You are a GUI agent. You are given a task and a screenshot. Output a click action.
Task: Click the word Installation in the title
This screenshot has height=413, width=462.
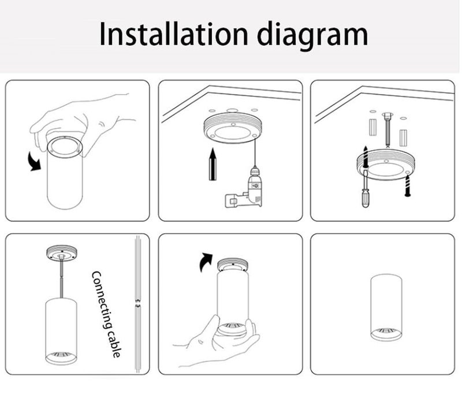click(174, 34)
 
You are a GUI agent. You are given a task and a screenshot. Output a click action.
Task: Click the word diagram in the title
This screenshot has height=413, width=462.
click(312, 36)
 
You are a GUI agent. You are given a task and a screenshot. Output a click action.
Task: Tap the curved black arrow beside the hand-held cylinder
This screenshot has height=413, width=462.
click(34, 162)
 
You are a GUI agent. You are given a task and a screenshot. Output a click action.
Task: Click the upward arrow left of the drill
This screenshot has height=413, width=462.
click(213, 165)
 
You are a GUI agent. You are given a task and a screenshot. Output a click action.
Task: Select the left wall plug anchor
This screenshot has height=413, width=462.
click(373, 127)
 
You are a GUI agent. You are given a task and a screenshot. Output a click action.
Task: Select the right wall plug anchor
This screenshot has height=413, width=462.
click(403, 138)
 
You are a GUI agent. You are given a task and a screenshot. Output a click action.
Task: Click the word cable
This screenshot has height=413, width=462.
click(115, 344)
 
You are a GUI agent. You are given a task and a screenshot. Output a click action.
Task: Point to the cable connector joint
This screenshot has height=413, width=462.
click(137, 304)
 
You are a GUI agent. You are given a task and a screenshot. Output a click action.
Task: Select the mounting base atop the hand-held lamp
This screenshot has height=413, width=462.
click(233, 265)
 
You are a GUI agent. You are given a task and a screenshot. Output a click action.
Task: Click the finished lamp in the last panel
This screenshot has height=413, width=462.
click(386, 308)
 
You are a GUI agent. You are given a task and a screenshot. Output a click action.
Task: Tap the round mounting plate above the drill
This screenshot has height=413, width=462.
click(233, 129)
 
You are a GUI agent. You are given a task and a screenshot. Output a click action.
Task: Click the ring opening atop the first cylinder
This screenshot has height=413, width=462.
click(65, 147)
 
